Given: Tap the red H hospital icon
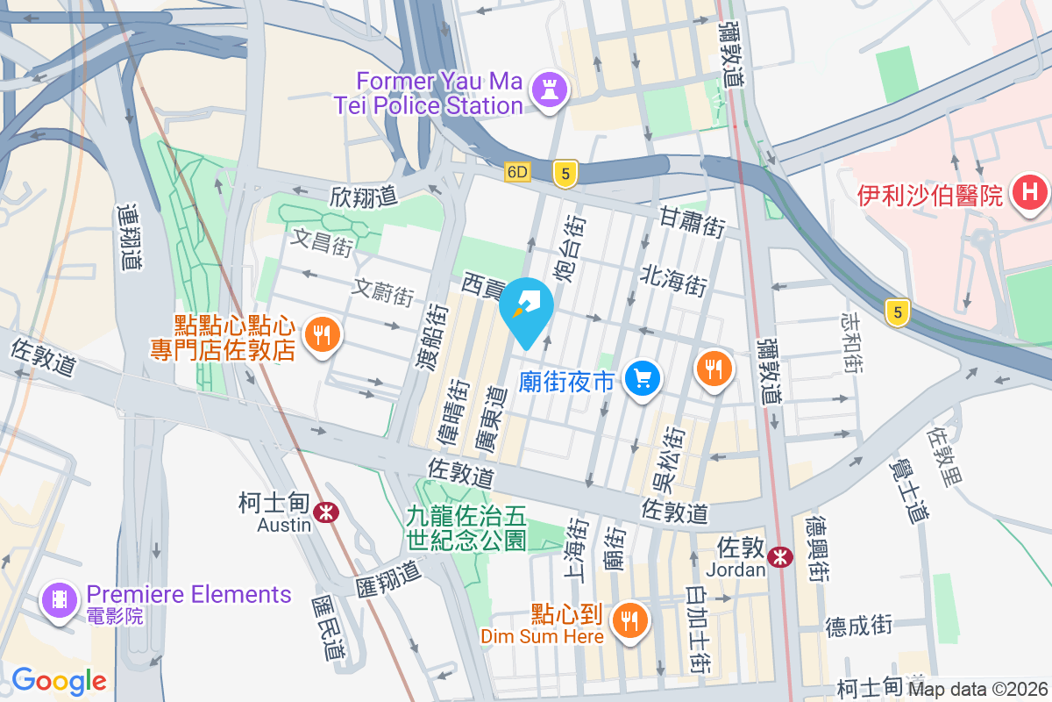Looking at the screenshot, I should [x=1030, y=193].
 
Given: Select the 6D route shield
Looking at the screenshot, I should [x=517, y=173].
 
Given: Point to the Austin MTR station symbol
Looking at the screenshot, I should [x=326, y=511].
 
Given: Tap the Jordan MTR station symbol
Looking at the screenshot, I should [x=778, y=556].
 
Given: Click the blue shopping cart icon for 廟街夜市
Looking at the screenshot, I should [x=643, y=378].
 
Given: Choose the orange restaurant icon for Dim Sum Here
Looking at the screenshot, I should [x=629, y=620].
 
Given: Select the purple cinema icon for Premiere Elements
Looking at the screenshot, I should [x=59, y=601].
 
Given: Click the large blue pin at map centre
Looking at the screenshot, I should [x=526, y=312].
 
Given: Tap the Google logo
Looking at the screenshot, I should [x=59, y=680].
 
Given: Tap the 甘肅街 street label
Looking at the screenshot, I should [x=693, y=222].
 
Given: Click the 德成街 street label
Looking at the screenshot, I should [x=858, y=626].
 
